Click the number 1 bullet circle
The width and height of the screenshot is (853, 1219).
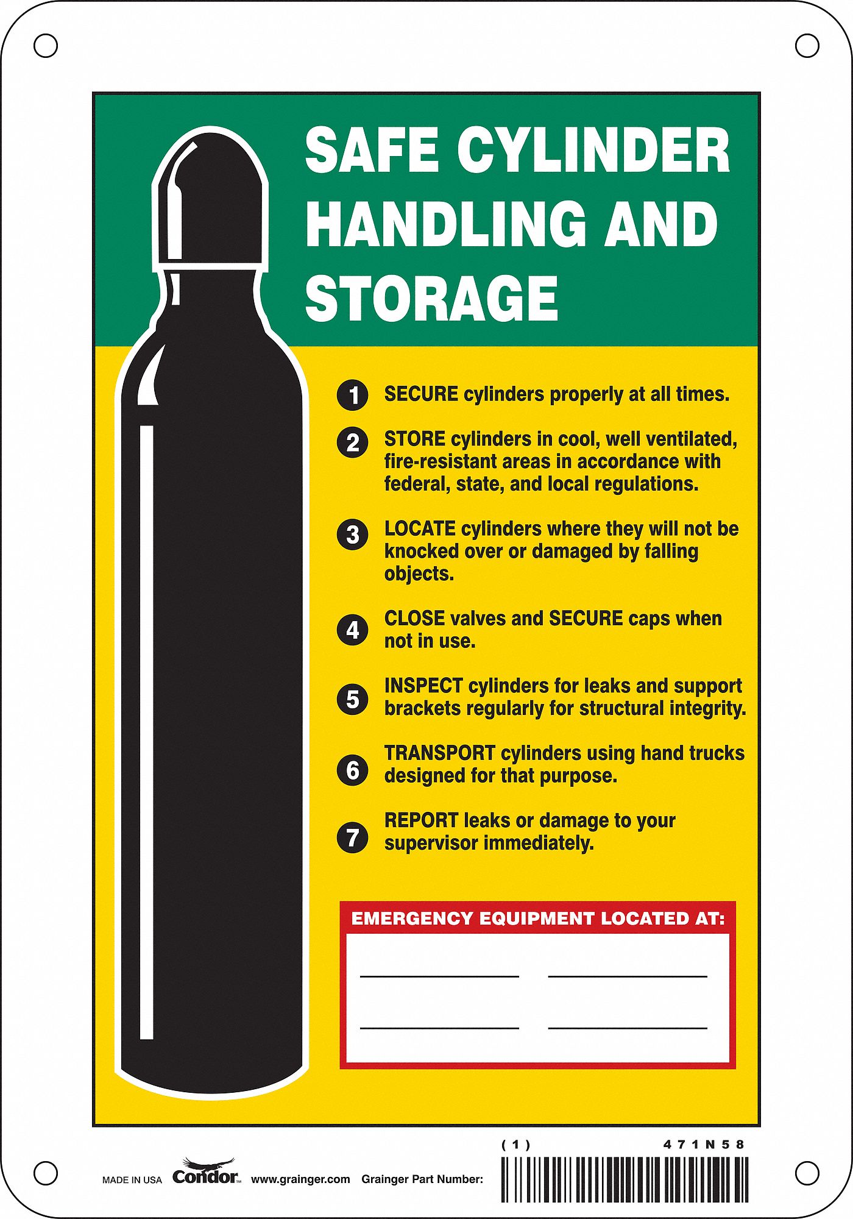click(352, 395)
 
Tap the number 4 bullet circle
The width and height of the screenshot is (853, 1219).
click(352, 630)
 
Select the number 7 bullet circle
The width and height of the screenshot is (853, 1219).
click(352, 837)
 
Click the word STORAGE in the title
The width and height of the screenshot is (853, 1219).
click(431, 298)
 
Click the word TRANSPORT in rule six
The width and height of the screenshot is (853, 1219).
click(439, 753)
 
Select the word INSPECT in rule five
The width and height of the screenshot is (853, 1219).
click(423, 686)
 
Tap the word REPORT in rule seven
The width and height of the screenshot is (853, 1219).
click(421, 820)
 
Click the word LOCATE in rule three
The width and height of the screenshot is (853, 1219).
click(420, 528)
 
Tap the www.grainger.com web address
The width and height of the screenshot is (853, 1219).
click(300, 1179)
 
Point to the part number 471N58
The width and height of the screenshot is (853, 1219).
click(704, 1145)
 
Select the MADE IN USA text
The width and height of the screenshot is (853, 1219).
click(132, 1180)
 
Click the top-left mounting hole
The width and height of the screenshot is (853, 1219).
click(46, 46)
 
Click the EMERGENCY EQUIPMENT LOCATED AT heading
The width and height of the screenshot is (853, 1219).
click(538, 919)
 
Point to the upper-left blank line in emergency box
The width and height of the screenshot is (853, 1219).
click(439, 975)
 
